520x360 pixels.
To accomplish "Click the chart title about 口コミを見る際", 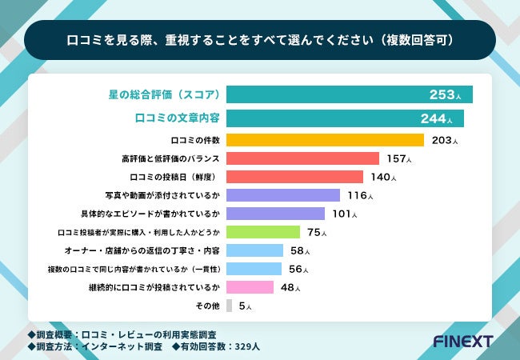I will click(x=259, y=40).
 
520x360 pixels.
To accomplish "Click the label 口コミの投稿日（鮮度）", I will click(x=174, y=177).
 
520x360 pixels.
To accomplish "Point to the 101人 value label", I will click(x=344, y=214).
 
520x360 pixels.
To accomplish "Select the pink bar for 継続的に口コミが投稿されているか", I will click(x=250, y=287).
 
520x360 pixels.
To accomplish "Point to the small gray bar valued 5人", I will click(x=230, y=306).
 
